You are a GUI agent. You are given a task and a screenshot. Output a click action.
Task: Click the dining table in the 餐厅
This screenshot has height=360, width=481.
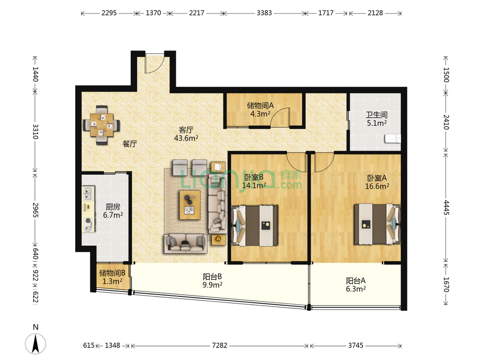[101, 125]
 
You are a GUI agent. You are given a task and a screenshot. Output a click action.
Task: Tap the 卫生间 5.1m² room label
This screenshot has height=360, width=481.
[377, 119]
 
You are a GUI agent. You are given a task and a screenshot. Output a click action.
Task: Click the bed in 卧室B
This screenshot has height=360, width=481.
[255, 225]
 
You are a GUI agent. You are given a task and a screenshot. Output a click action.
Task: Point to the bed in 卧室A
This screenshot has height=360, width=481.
[377, 224]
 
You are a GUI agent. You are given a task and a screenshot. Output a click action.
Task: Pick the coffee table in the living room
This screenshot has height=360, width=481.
[190, 205]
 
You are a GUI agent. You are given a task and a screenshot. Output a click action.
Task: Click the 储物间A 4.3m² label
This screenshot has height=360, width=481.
[260, 110]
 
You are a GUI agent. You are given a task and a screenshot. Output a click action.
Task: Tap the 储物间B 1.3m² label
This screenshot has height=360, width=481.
[112, 277]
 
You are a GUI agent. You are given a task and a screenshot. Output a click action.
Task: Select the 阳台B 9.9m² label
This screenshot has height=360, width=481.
[212, 281]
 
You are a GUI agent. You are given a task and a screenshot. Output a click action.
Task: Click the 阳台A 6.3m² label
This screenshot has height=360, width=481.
[356, 284]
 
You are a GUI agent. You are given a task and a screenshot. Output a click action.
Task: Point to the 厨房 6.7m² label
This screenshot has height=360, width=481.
[113, 211]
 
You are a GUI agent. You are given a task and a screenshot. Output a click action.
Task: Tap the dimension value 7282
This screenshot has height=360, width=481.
[220, 346]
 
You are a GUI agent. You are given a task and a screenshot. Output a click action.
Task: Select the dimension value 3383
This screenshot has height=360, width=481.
[264, 13]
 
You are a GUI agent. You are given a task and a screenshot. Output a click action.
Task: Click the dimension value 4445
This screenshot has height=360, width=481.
[446, 207]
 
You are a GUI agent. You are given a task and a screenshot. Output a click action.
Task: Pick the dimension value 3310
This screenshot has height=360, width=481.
[35, 131]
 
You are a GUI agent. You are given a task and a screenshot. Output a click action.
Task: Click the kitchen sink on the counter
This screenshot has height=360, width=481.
[88, 193]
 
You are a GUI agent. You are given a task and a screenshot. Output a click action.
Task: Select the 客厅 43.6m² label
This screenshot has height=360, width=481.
[186, 134]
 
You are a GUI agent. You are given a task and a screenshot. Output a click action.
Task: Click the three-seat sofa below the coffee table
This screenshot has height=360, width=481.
[186, 243]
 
